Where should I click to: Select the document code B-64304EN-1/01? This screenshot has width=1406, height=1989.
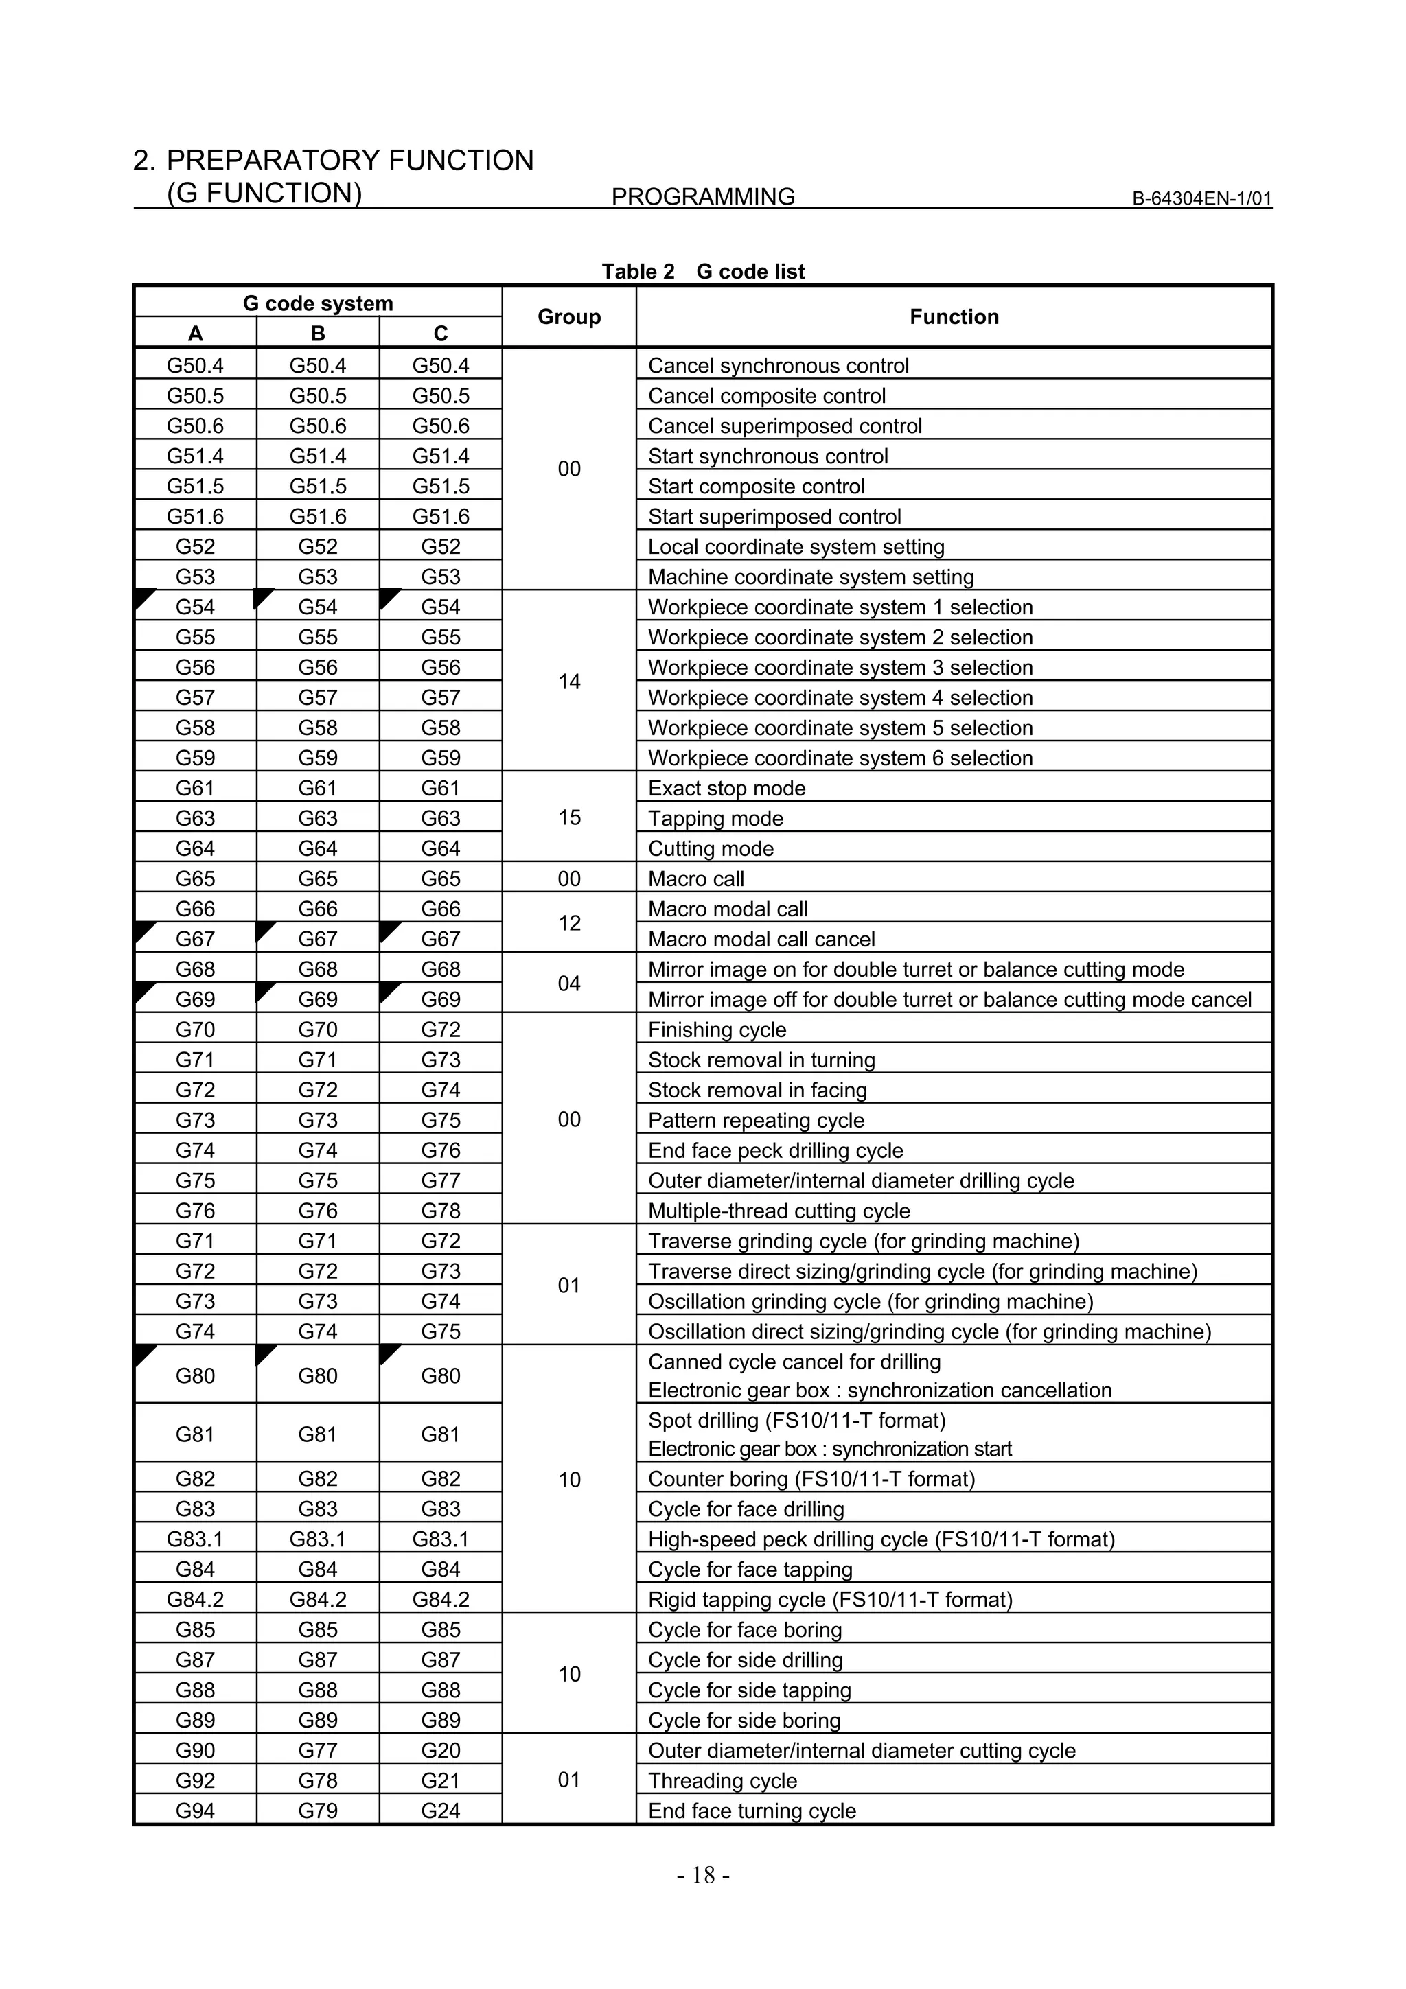1201,198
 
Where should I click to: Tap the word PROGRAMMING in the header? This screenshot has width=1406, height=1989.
702,197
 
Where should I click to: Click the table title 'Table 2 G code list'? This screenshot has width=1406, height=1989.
702,271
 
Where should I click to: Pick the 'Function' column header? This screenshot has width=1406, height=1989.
954,316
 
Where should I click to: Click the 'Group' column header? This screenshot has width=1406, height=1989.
568,316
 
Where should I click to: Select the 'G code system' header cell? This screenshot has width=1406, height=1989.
318,303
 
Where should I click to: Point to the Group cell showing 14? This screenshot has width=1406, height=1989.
568,682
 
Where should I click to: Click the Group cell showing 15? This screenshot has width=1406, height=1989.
568,817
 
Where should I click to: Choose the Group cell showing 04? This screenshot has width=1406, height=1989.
568,984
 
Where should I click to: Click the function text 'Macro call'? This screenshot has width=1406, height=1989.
695,879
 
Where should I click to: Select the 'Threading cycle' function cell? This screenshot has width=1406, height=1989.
722,1780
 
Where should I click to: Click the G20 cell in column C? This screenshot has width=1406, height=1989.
440,1750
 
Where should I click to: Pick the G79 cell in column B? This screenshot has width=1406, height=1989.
318,1811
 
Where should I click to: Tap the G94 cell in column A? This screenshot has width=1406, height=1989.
195,1811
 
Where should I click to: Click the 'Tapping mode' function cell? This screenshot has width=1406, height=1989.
715,818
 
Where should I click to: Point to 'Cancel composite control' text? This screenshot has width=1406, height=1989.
767,396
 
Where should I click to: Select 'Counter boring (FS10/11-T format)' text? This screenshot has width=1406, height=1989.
811,1479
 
